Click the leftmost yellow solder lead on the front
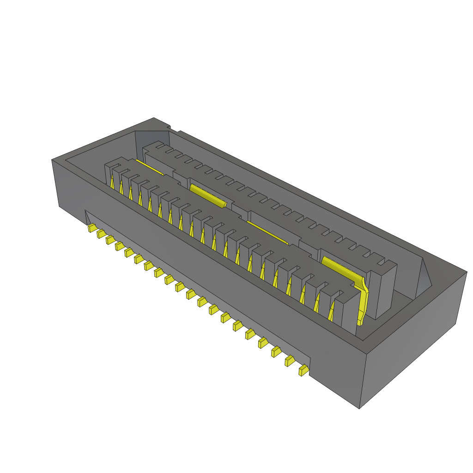(92, 228)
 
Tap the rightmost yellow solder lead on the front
(304, 370)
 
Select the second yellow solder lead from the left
(101, 234)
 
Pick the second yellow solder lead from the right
(290, 361)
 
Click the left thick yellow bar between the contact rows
(208, 194)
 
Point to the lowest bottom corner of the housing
(359, 408)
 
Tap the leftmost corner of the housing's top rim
(52, 160)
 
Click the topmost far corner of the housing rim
(154, 118)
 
